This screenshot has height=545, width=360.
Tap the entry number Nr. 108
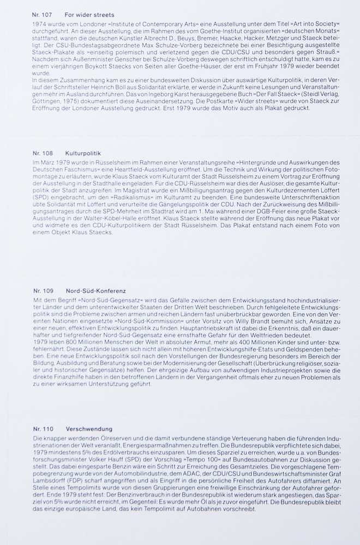(42, 154)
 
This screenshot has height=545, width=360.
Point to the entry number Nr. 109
(42, 291)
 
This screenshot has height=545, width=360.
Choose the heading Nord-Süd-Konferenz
(95, 291)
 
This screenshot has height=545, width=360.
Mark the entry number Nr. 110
(42, 429)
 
